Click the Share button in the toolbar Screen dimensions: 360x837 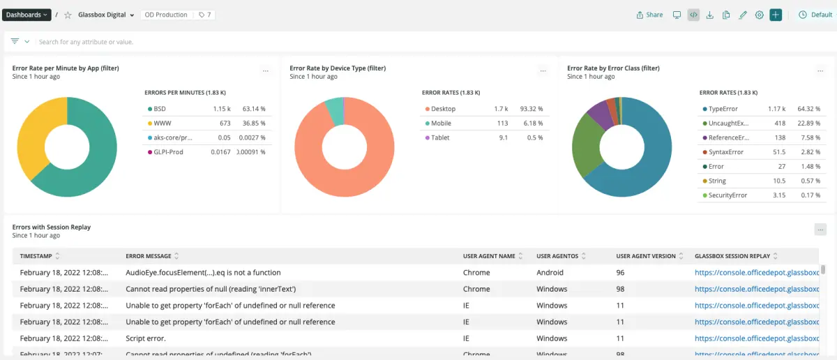[x=650, y=15]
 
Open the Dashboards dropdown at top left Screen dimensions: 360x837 [x=27, y=15]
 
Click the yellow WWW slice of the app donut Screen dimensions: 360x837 [x=35, y=140]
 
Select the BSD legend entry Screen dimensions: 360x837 [x=160, y=109]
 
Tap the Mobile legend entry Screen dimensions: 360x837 [x=441, y=123]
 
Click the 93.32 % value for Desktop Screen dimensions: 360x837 [x=531, y=109]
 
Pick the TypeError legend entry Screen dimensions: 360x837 [x=723, y=109]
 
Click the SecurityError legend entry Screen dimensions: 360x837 [x=727, y=195]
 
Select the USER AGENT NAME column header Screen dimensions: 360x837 [x=489, y=256]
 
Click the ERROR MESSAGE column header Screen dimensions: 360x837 [x=149, y=256]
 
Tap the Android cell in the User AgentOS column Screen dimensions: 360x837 [x=550, y=273]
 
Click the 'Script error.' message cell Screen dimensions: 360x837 [x=146, y=338]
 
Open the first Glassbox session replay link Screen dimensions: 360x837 [x=756, y=273]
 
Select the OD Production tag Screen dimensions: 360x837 [x=166, y=15]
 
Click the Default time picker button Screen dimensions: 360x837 [x=815, y=15]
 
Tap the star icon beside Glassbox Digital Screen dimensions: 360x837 [x=68, y=15]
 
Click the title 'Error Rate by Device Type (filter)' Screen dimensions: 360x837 [x=338, y=68]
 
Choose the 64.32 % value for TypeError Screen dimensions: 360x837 [x=808, y=109]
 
